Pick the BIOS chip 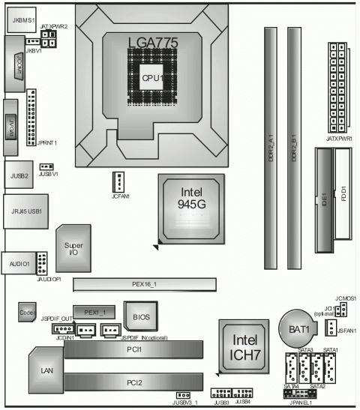142,317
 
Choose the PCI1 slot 134,349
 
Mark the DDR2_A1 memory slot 269,150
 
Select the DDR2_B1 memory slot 294,150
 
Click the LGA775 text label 153,43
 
